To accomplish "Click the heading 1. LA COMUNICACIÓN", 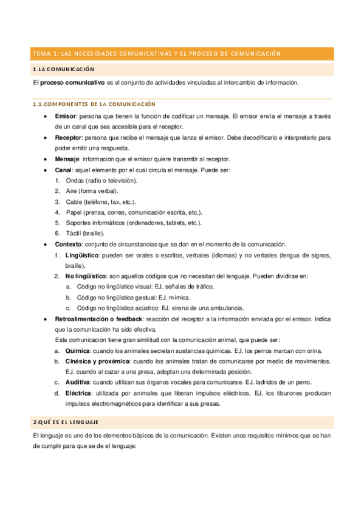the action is click(64, 70).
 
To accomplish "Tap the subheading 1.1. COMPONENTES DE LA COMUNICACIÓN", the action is click(94, 104).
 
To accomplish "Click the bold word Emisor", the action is click(65, 115).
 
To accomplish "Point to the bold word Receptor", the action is click(68, 138).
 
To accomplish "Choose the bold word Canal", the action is click(63, 171).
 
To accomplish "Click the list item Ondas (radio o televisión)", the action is click(101, 181).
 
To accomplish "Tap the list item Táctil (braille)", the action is click(86, 233).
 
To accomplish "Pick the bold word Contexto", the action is click(68, 244).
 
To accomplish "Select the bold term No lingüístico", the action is click(86, 276).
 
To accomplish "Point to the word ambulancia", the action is click(226, 308).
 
